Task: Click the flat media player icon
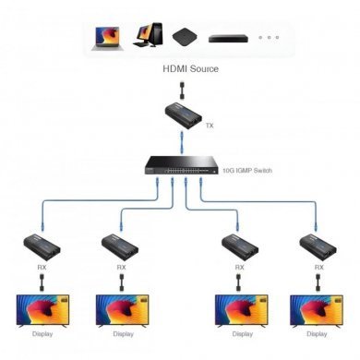[224, 40]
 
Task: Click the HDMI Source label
[191, 69]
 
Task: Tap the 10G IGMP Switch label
[248, 172]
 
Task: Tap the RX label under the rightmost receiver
[319, 268]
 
